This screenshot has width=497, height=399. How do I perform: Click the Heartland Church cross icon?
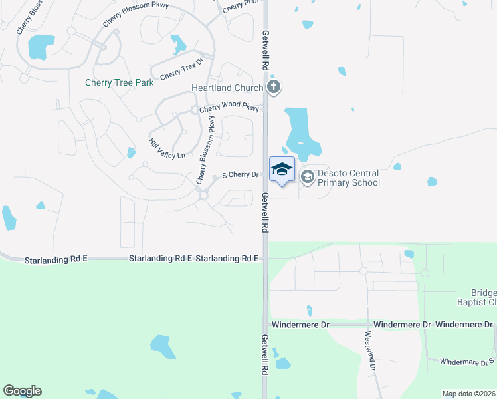tap(274, 88)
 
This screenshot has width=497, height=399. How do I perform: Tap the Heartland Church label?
tap(227, 88)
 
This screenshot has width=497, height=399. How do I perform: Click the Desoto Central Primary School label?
tap(349, 178)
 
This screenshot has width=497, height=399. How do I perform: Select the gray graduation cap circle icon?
tap(307, 177)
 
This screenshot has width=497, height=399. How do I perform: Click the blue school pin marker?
tap(282, 170)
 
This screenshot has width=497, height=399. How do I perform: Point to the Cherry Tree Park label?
tap(120, 83)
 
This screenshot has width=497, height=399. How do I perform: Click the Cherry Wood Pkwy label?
tap(229, 108)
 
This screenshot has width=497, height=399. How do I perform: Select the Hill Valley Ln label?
tap(167, 149)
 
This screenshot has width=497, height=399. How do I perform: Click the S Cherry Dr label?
tap(240, 175)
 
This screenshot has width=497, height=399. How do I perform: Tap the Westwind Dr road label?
tap(369, 352)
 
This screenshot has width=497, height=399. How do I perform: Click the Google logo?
tap(23, 391)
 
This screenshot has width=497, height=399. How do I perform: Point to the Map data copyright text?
tap(469, 394)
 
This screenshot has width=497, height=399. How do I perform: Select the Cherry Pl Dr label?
tap(240, 6)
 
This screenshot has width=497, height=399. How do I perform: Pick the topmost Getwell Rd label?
tap(265, 51)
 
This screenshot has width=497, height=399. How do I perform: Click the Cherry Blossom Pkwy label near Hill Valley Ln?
tap(205, 150)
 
